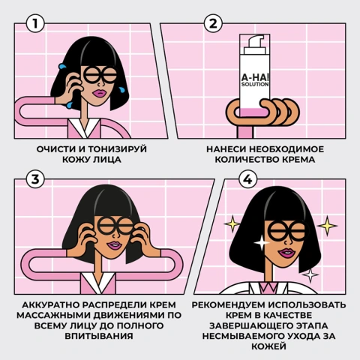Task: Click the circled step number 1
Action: coord(35,23)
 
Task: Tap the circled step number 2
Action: coord(213,23)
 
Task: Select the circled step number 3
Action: coord(35,179)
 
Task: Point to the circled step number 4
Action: coord(247,179)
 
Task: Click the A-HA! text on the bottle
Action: coord(255,77)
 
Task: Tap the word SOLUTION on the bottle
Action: coord(255,85)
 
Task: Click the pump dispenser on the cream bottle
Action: coord(256,44)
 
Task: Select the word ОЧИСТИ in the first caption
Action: coord(56,149)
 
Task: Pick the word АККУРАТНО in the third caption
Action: coord(51,304)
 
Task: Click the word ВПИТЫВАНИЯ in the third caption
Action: coord(99,336)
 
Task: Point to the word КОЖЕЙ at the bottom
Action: coord(268,346)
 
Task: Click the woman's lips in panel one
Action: coord(100,94)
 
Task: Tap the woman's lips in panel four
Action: coord(286,253)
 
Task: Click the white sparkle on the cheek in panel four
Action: coord(262,242)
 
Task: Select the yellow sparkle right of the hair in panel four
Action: coord(327,226)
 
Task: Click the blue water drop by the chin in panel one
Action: coord(122,90)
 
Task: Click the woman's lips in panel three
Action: coord(114,245)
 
